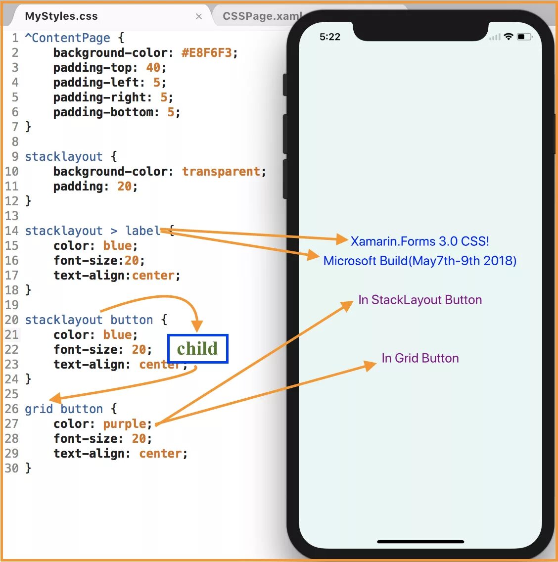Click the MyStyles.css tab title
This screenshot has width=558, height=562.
point(61,16)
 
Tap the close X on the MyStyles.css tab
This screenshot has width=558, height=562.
point(199,16)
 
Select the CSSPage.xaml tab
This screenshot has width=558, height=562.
point(260,16)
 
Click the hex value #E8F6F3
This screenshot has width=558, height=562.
point(206,53)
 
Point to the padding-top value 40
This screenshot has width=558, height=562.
point(153,68)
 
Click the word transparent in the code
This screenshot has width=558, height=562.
point(221,172)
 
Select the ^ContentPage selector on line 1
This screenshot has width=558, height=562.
point(68,38)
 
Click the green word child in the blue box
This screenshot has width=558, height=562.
point(197,349)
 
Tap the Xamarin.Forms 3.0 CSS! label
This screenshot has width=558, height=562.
point(419,241)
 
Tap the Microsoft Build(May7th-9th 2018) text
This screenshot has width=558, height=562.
point(419,261)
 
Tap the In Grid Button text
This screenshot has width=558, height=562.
point(420,358)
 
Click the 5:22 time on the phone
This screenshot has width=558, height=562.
point(330,37)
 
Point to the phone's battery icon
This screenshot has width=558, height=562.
point(524,37)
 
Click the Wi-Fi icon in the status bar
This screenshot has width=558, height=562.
point(509,37)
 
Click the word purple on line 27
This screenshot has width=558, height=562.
point(125,424)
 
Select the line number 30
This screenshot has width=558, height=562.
point(11,468)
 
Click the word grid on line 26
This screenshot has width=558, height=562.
point(39,409)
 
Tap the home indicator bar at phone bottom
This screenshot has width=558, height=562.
point(420,542)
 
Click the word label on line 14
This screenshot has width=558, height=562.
point(142,231)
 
